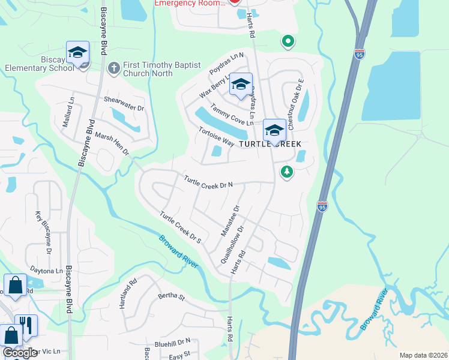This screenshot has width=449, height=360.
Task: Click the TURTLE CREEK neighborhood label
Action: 271,145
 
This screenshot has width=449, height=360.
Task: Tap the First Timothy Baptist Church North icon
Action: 113,68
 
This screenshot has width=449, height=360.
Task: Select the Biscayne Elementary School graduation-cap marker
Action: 77,53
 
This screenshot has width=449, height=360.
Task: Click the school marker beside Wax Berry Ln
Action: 241,85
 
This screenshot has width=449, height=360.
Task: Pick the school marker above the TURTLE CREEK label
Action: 274,130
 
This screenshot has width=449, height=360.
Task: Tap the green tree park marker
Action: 287,172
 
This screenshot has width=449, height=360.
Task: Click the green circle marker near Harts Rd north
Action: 288,41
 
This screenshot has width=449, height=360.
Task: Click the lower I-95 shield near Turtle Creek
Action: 322,206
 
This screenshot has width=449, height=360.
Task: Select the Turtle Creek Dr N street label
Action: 208,182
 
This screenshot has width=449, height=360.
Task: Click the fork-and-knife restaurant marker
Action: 26,325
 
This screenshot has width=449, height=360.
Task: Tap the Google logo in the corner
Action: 20,353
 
